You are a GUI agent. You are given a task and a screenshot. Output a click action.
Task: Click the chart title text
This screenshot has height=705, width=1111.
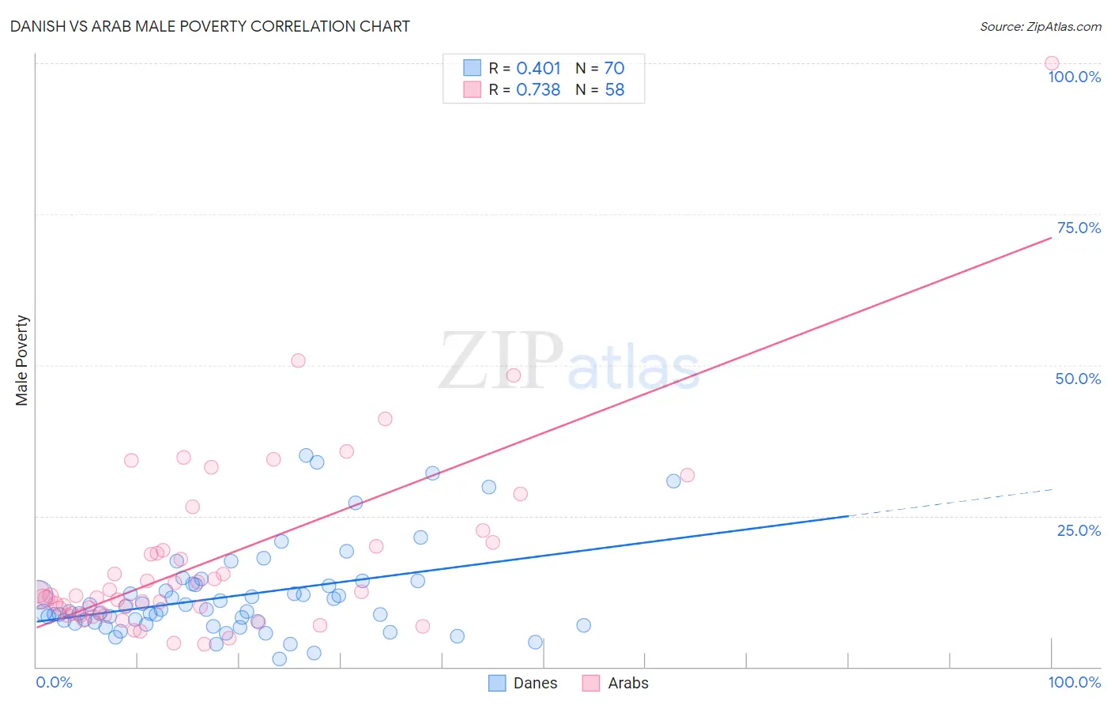coord(209,26)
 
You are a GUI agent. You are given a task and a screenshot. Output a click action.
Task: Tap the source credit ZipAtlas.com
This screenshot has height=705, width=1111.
coord(1040,26)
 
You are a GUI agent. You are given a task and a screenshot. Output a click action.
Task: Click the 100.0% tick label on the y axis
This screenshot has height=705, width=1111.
coord(1074,77)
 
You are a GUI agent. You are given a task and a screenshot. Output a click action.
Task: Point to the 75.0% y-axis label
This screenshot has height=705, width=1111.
coord(1079,228)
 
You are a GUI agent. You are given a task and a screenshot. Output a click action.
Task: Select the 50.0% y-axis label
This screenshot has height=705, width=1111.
coord(1078,379)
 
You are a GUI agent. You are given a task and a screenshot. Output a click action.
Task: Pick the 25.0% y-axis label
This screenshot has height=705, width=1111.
coord(1079,530)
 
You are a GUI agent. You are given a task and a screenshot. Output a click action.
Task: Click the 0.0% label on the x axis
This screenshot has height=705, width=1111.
coord(54,682)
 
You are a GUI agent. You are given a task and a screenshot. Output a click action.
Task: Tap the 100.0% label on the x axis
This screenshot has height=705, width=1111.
coord(1074,682)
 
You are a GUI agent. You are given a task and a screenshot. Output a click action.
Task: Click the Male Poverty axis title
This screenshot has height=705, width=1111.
coord(21,360)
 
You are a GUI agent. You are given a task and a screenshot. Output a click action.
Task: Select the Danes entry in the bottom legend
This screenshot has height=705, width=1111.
coord(534,683)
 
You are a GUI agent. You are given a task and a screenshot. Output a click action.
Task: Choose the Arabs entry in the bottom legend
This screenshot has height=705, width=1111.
coord(627,683)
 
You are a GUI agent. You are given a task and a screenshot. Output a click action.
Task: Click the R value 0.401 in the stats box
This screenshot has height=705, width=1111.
coord(538,69)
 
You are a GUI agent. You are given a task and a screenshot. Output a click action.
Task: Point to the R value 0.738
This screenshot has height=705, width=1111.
coord(538,90)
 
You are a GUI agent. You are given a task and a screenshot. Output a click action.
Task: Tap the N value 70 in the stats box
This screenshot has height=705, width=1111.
coord(614,69)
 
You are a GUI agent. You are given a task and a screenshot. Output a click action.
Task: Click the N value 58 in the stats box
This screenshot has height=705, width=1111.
coord(614,90)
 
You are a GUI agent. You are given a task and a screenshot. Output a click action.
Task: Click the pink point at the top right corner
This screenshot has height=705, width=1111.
coord(1051,63)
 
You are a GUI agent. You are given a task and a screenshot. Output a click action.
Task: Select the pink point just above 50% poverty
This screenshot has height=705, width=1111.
coord(298,360)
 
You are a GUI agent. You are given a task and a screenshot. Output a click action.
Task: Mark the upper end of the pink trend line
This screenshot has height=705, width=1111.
coord(1049,237)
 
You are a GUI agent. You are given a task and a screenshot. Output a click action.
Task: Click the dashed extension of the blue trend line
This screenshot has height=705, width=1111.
coord(948,503)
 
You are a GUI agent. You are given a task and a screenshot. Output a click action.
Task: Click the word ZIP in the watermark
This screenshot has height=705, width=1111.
coord(501,361)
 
